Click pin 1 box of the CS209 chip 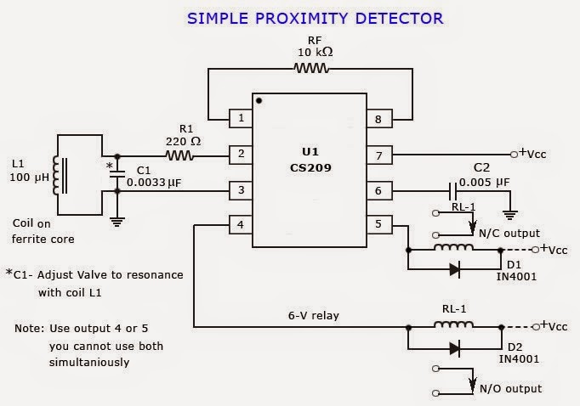pos(241,119)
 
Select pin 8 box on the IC pos(379,119)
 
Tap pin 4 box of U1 pos(241,224)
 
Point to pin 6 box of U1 pos(379,191)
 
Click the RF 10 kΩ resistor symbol pos(311,68)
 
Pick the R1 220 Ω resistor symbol pos(179,155)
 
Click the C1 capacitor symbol pos(117,174)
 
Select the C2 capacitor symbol pos(452,191)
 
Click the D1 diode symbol pos(455,269)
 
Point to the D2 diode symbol pos(455,348)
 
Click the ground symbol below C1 pos(117,222)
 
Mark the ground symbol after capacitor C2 pos(510,215)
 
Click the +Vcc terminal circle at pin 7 pos(514,155)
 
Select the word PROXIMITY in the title pos(301,19)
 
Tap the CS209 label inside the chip pos(310,168)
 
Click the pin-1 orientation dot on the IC pos(259,100)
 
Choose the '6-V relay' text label pos(314,315)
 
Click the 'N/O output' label pos(510,389)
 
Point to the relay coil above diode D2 pos(453,324)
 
